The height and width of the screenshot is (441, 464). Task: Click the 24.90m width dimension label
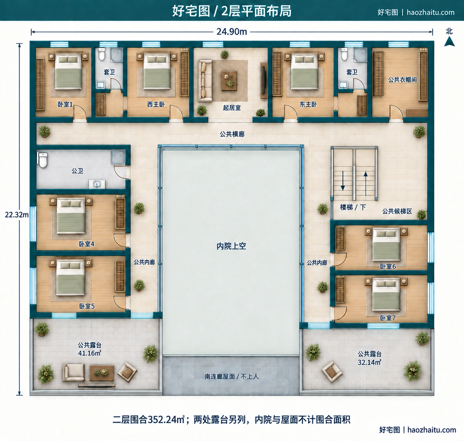click(232, 32)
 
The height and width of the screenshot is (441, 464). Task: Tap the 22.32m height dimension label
click(17, 215)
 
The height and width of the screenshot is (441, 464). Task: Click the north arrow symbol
click(449, 41)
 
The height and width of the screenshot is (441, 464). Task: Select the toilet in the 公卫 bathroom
click(43, 160)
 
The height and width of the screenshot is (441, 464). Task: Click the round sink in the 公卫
click(97, 184)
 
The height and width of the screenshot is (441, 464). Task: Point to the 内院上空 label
click(231, 246)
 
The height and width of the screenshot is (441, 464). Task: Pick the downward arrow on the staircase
click(343, 181)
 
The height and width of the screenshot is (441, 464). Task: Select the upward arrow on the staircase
click(365, 184)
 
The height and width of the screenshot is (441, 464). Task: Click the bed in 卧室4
click(71, 216)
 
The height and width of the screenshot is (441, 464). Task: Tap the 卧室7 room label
click(388, 318)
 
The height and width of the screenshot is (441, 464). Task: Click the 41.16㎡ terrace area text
click(89, 353)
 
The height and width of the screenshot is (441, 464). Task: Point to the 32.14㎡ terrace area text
click(369, 362)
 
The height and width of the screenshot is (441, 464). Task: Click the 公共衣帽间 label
click(402, 80)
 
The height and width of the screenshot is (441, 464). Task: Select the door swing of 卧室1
click(79, 112)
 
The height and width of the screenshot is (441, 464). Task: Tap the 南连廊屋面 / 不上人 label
click(232, 376)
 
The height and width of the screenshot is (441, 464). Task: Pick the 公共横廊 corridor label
click(232, 134)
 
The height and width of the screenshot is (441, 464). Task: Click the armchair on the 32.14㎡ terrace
click(332, 371)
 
